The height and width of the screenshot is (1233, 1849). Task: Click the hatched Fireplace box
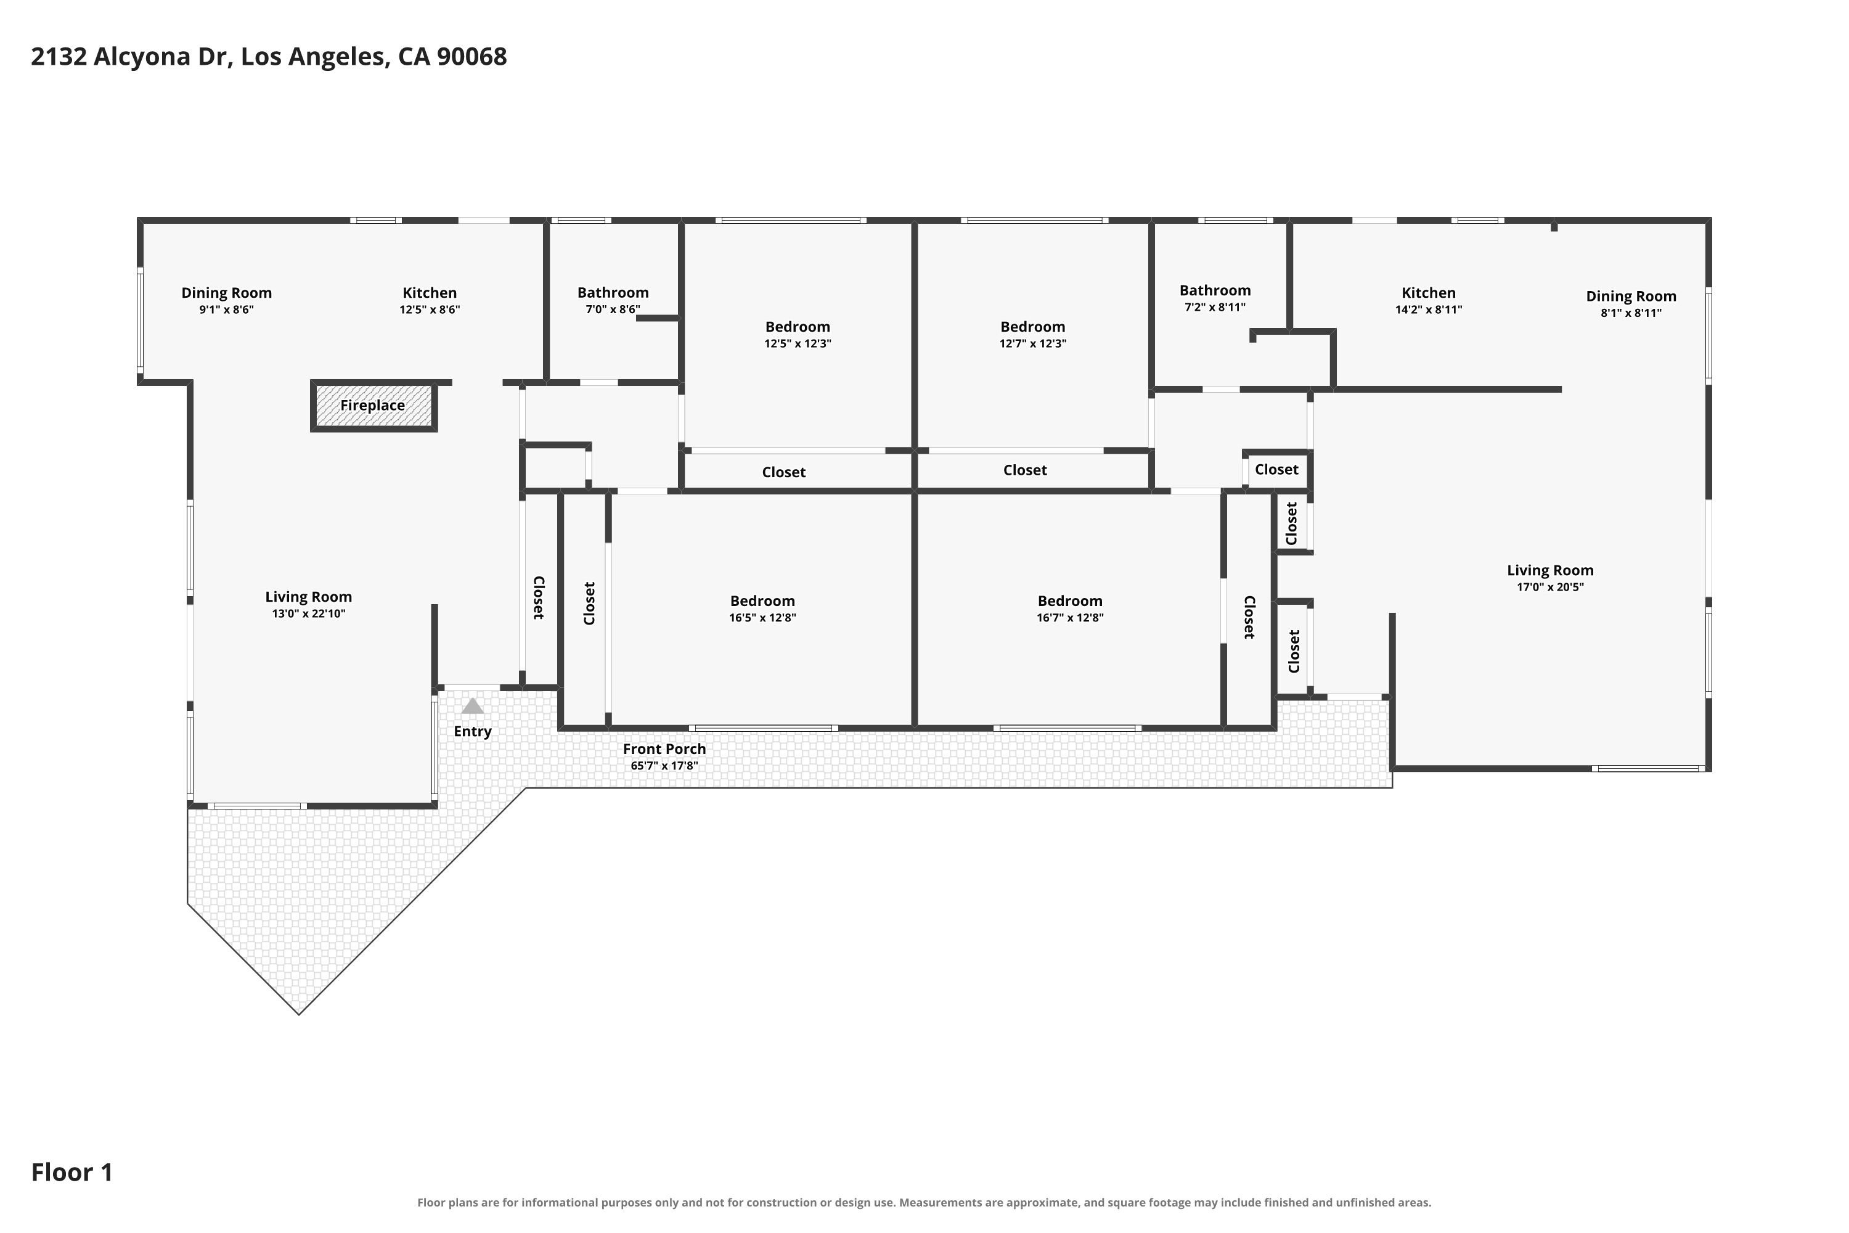(373, 406)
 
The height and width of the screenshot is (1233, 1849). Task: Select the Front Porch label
(664, 748)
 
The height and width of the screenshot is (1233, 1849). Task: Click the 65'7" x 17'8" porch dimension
(664, 766)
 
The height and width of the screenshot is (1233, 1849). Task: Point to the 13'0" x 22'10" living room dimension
(308, 613)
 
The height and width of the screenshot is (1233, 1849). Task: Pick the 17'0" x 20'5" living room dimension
(1550, 587)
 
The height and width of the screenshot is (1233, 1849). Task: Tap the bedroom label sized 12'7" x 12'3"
(1032, 326)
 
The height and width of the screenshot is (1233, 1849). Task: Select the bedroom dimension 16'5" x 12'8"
(762, 617)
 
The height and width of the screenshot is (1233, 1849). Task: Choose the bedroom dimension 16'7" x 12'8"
(1070, 617)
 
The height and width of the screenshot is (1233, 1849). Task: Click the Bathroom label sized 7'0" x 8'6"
(613, 292)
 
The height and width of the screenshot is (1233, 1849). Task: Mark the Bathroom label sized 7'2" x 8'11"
(1215, 290)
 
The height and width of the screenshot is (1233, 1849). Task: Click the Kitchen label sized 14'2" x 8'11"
(1429, 292)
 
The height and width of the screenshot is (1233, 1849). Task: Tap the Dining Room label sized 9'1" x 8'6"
(226, 292)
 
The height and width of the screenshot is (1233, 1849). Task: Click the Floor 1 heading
(72, 1173)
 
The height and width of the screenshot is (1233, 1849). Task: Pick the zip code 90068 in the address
(471, 57)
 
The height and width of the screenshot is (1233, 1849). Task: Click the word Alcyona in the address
(145, 57)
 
